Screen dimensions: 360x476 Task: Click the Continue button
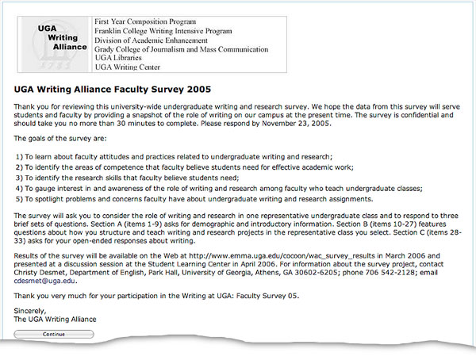[54, 335]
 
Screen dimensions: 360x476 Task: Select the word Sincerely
[31, 310]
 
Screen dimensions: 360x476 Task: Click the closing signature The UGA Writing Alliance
[54, 318]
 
